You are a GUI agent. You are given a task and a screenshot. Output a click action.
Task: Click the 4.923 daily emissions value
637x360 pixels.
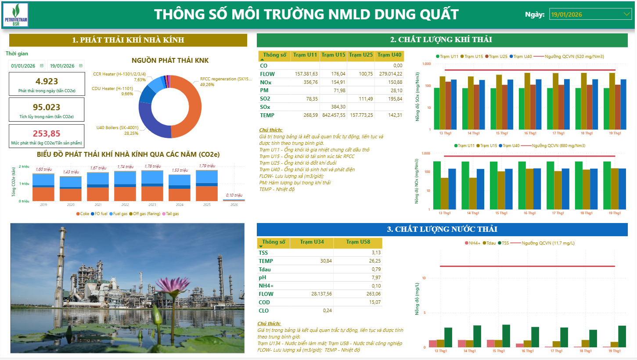pyautogui.click(x=47, y=81)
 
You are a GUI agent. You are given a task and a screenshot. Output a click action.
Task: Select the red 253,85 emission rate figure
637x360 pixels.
pyautogui.click(x=47, y=133)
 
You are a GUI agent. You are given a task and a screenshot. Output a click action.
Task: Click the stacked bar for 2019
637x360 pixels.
pyautogui.click(x=43, y=187)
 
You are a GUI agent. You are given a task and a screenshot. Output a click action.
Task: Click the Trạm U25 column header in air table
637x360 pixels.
pyautogui.click(x=362, y=55)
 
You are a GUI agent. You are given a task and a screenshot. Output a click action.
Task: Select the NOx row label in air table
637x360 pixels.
pyautogui.click(x=265, y=82)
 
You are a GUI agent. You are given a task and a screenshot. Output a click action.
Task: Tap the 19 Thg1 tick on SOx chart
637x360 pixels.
pyautogui.click(x=614, y=133)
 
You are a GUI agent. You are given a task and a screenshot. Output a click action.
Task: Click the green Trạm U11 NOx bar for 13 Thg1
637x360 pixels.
pyautogui.click(x=437, y=185)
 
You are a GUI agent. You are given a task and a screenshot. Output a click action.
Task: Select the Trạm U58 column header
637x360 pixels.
pyautogui.click(x=358, y=242)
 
